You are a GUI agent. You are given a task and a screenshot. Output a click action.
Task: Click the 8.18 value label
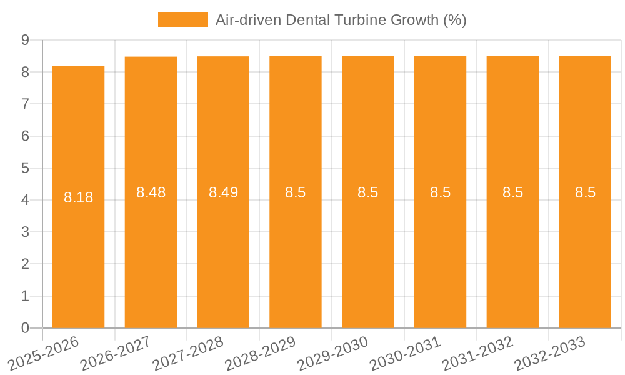point(78,197)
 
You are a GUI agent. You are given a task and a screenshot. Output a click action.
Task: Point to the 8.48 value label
point(151,192)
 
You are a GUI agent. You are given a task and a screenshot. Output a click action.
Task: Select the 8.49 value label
point(223,192)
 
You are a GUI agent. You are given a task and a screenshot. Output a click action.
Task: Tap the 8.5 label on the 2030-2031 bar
point(440,192)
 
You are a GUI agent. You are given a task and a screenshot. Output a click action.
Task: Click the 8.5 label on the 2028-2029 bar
point(296,192)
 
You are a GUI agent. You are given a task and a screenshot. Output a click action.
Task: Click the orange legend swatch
point(182,20)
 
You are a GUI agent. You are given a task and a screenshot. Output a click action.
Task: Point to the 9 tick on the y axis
point(25,40)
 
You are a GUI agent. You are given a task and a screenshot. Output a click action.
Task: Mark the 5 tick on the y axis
point(25,168)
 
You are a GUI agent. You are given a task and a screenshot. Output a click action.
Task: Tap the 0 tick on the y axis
point(25,328)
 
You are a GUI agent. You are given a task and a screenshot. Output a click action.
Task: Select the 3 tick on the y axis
point(25,232)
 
